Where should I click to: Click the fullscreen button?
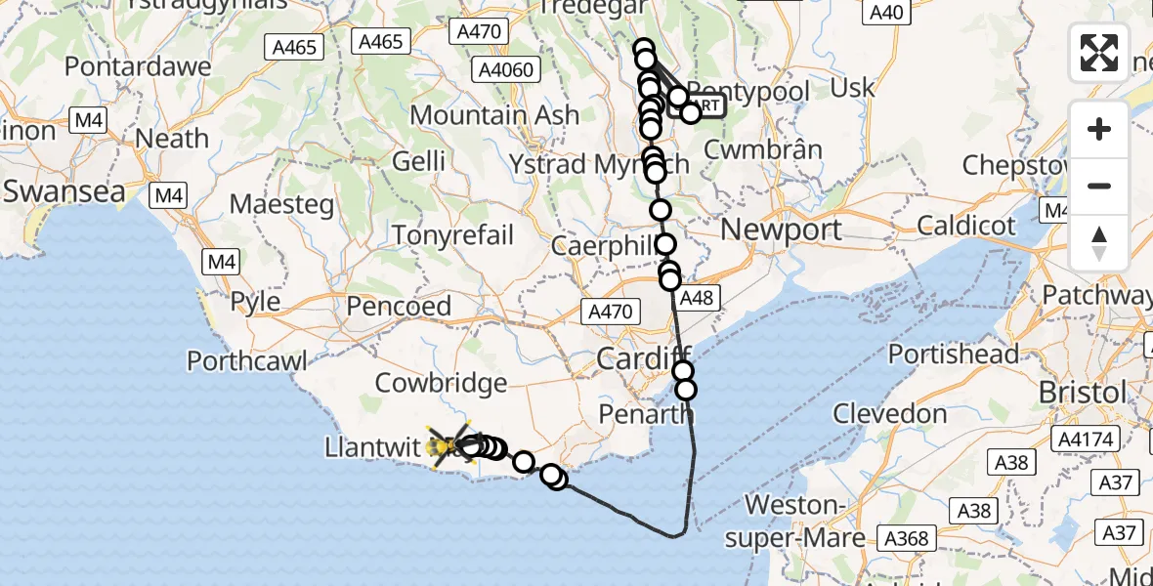(x=1099, y=53)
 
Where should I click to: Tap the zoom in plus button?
(x=1099, y=129)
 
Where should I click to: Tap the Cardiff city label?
(x=644, y=357)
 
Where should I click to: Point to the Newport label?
(x=781, y=230)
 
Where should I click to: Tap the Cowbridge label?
(x=441, y=383)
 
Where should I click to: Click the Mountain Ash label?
(x=494, y=114)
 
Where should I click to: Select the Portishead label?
(x=954, y=354)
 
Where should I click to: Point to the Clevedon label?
(x=890, y=413)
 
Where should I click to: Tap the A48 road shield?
(x=696, y=298)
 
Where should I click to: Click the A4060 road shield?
(x=503, y=69)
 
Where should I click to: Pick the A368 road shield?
(x=907, y=537)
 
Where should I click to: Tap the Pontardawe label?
(x=138, y=66)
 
